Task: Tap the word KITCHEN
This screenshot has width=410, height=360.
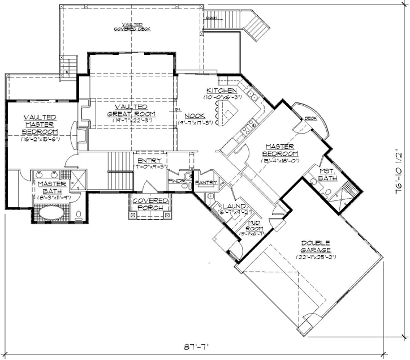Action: (221, 91)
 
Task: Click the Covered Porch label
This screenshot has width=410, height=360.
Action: (150, 204)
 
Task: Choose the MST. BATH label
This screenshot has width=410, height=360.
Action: (327, 174)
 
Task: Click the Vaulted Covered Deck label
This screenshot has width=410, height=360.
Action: (131, 27)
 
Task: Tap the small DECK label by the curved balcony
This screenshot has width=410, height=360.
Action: (310, 118)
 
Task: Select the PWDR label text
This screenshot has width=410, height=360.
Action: (176, 181)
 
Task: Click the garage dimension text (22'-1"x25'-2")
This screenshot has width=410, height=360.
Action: (316, 258)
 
